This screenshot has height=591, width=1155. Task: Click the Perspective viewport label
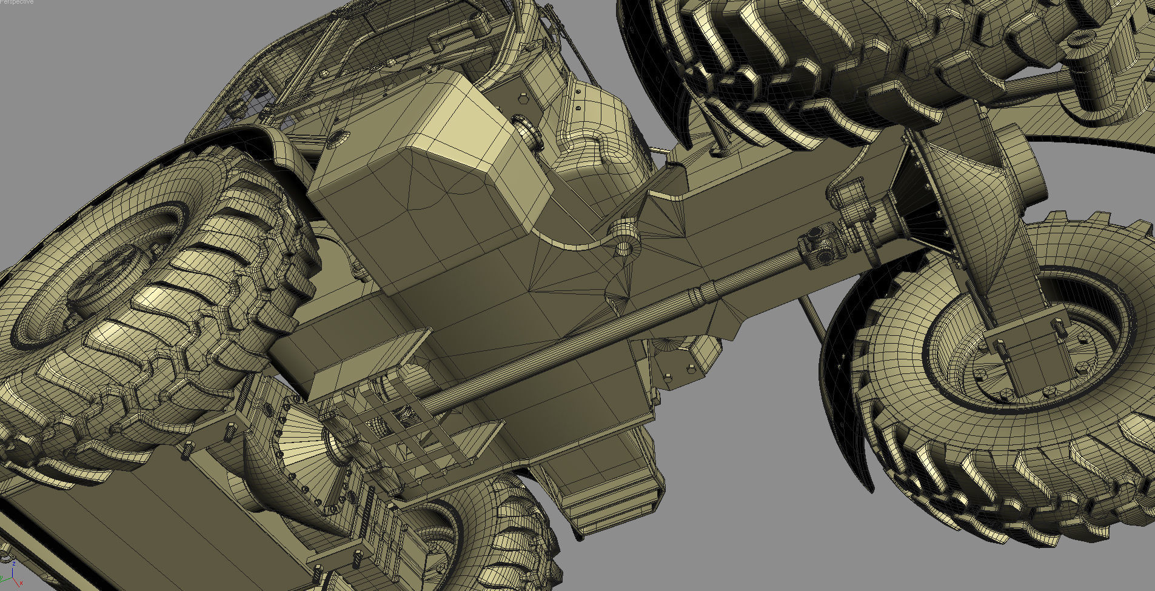[x=16, y=2]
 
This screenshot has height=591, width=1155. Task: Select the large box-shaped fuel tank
[x=424, y=182]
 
